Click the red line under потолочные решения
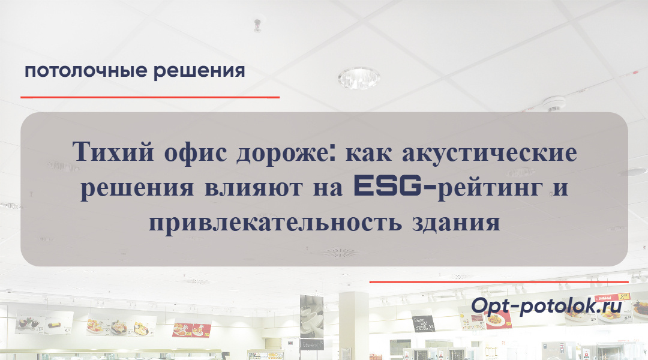150,97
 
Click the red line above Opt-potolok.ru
499,281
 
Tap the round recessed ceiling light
358,77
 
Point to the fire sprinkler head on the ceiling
257,25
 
